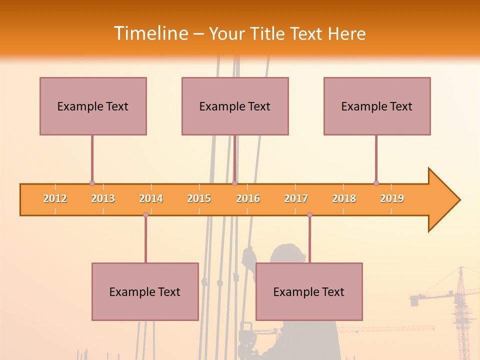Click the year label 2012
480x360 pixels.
tap(55, 198)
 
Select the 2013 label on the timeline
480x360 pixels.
tap(103, 198)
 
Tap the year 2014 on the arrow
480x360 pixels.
tap(151, 198)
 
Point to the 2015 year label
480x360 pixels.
tap(199, 198)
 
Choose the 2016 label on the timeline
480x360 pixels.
tap(248, 198)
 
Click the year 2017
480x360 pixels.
tap(296, 198)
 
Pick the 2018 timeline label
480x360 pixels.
tap(344, 198)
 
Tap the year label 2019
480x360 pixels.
tap(392, 198)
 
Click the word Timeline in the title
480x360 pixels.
tap(150, 33)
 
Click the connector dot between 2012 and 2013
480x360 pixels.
tap(92, 183)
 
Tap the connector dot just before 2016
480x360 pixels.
tap(234, 183)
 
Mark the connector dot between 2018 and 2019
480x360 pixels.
tap(376, 183)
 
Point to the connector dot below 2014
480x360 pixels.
tap(145, 214)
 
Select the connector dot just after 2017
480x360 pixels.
tap(309, 214)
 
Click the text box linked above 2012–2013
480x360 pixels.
tap(93, 106)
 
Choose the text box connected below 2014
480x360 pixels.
tap(145, 291)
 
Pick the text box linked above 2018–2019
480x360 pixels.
tap(377, 106)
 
